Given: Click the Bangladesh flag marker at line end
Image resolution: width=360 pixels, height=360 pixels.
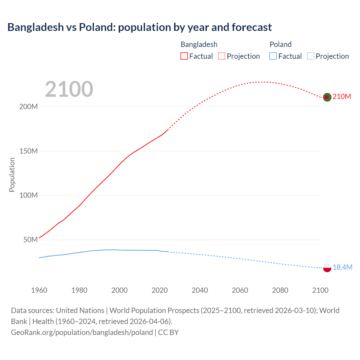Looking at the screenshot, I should pyautogui.click(x=327, y=97).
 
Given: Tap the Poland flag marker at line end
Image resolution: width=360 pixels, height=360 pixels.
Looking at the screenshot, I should pyautogui.click(x=327, y=268).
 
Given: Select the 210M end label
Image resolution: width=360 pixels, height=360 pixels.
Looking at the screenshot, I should pyautogui.click(x=342, y=97).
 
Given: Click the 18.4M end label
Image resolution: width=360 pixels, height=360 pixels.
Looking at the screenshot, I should pyautogui.click(x=342, y=267).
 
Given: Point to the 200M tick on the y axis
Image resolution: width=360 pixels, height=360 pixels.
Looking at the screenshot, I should pyautogui.click(x=28, y=107).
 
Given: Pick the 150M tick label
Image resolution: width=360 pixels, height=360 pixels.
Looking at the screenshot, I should pyautogui.click(x=28, y=151).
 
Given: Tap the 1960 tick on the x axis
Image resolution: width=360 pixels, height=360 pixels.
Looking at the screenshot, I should pyautogui.click(x=39, y=290).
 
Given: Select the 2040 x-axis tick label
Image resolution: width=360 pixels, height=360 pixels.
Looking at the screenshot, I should pyautogui.click(x=200, y=290).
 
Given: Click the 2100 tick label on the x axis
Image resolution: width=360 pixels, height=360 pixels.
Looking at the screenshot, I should pyautogui.click(x=320, y=290).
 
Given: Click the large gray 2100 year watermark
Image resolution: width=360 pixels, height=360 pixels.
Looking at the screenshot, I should pyautogui.click(x=69, y=89).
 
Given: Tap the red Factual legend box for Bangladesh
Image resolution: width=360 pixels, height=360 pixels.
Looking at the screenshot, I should pyautogui.click(x=184, y=56).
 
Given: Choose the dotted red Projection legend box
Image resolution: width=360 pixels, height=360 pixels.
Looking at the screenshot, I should pyautogui.click(x=222, y=56).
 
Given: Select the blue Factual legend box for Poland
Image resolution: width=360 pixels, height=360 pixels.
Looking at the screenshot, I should pyautogui.click(x=273, y=56).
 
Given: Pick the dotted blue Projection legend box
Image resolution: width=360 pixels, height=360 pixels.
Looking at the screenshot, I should pyautogui.click(x=310, y=56).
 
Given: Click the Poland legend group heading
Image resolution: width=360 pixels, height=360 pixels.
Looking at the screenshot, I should pyautogui.click(x=280, y=44).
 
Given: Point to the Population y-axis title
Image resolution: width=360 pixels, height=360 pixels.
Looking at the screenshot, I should pyautogui.click(x=12, y=175).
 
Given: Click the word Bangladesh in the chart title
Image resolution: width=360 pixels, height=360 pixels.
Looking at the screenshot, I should pyautogui.click(x=36, y=27).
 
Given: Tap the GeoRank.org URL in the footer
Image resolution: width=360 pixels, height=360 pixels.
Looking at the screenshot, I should pyautogui.click(x=82, y=332).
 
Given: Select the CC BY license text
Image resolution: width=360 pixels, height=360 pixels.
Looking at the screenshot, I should pyautogui.click(x=168, y=332).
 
